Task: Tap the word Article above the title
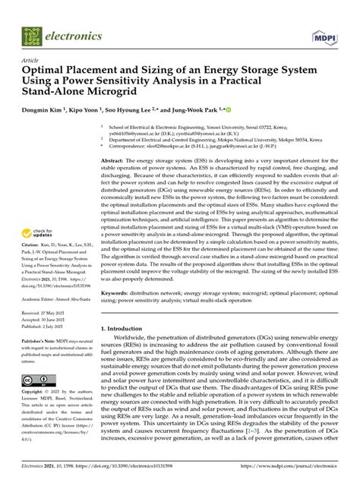(x=32, y=58)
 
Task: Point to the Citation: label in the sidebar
(x=34, y=248)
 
